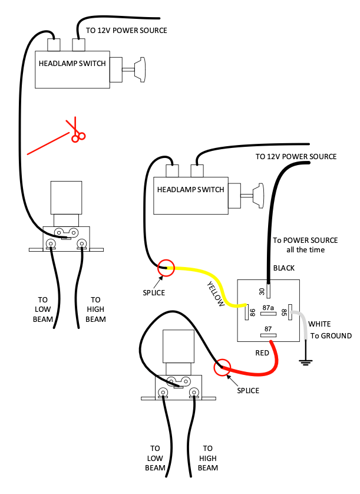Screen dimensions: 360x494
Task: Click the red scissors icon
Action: [75, 130]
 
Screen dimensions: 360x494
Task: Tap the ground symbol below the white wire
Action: [305, 362]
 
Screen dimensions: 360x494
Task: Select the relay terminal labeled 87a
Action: [268, 314]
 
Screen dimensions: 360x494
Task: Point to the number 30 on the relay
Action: [262, 291]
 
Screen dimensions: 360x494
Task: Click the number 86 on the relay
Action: [253, 312]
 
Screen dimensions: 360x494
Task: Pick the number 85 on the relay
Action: [283, 312]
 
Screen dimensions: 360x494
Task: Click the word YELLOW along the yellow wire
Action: [216, 294]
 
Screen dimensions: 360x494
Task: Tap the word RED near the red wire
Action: [262, 353]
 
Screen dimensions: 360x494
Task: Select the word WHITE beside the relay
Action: [319, 324]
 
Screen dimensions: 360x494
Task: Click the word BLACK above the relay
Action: [284, 268]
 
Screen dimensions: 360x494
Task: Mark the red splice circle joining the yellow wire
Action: [166, 268]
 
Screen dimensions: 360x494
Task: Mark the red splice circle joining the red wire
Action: [222, 367]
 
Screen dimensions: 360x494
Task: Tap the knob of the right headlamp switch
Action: [258, 196]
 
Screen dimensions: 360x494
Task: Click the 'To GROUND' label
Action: [331, 336]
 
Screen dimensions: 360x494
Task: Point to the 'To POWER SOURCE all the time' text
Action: [305, 245]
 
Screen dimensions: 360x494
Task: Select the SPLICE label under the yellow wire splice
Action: [154, 292]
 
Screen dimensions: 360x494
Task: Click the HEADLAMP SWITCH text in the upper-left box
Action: [72, 63]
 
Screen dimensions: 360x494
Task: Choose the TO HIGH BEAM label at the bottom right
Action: [208, 458]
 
